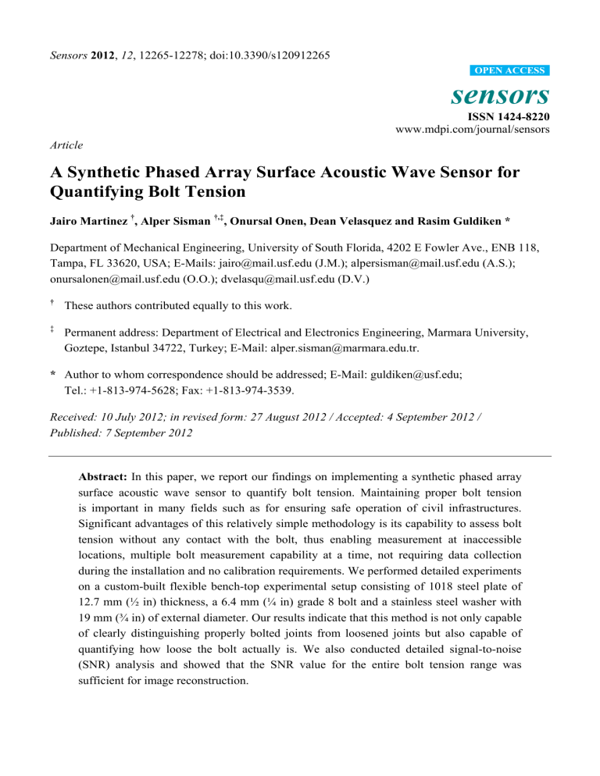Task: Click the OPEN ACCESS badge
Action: pos(511,70)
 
